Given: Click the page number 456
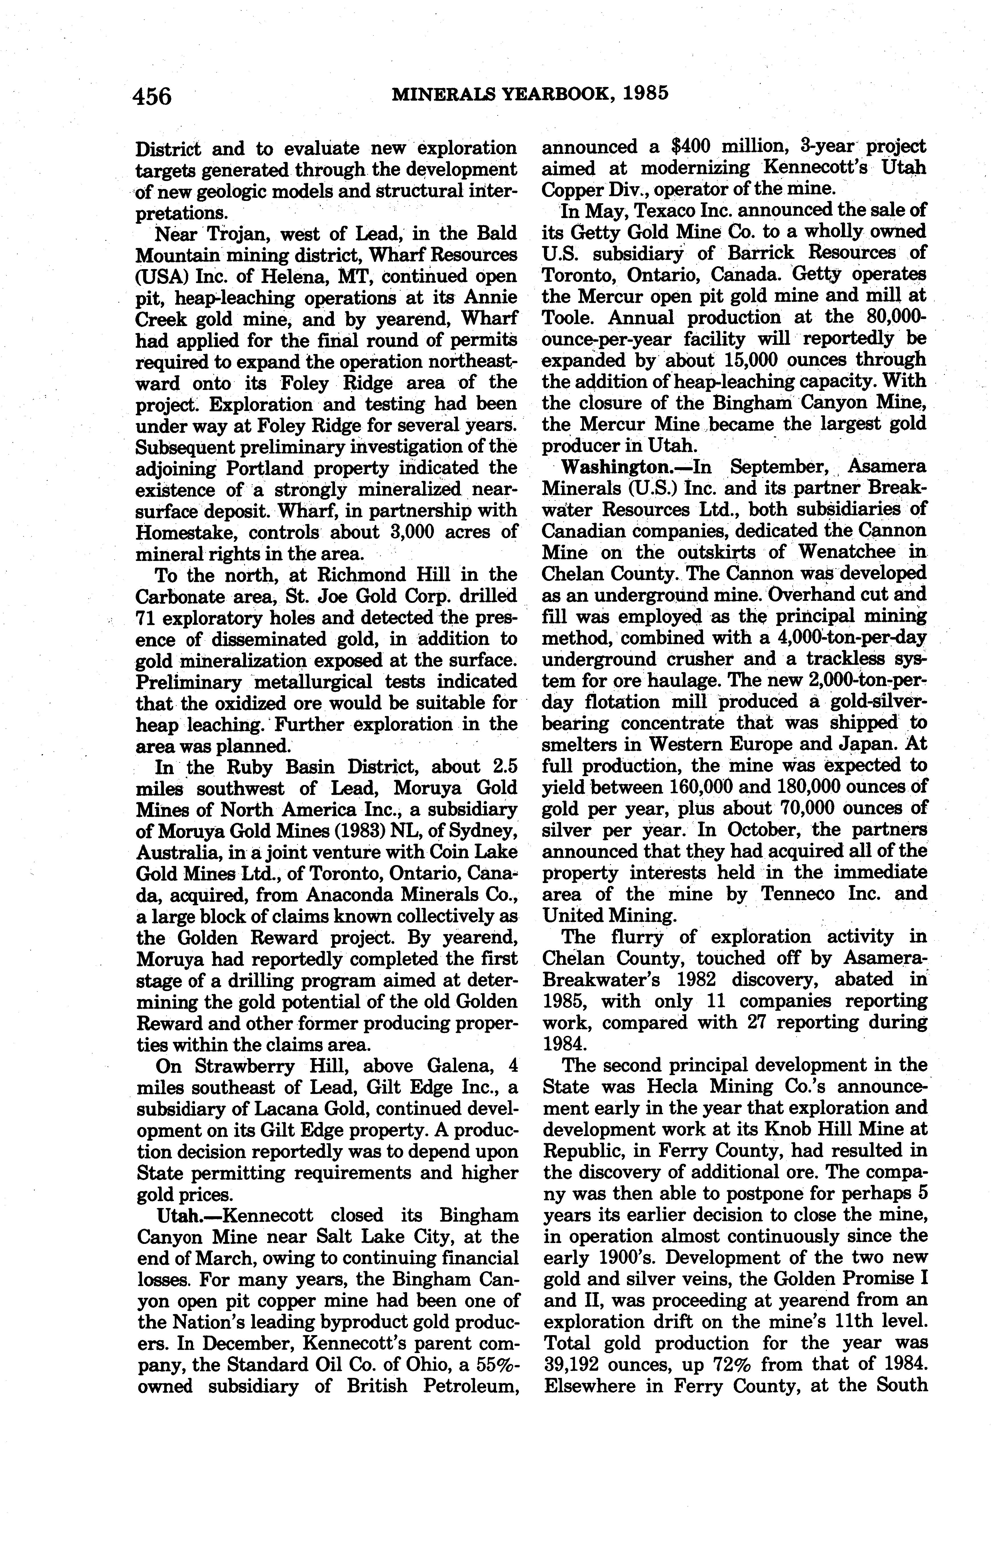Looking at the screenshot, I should [153, 96].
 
